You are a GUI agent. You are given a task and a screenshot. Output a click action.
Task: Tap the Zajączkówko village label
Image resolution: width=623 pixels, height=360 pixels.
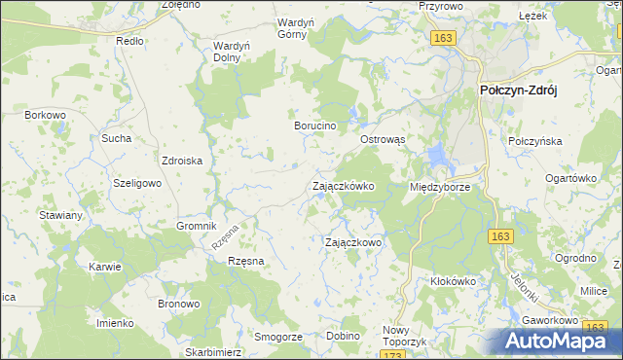click(x=343, y=186)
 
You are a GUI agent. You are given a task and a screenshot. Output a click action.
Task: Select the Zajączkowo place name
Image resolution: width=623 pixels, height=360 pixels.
click(x=352, y=242)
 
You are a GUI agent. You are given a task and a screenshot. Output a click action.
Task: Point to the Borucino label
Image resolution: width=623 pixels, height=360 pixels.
click(x=315, y=126)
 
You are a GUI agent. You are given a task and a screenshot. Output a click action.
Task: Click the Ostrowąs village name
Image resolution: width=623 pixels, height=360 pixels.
click(x=388, y=139)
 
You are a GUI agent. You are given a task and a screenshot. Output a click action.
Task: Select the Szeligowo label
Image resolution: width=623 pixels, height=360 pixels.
click(x=135, y=184)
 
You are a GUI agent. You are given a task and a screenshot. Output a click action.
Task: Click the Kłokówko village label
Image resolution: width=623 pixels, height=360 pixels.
click(x=453, y=281)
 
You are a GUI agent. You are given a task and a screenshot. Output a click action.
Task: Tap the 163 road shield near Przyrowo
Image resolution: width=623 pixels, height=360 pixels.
click(x=443, y=37)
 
